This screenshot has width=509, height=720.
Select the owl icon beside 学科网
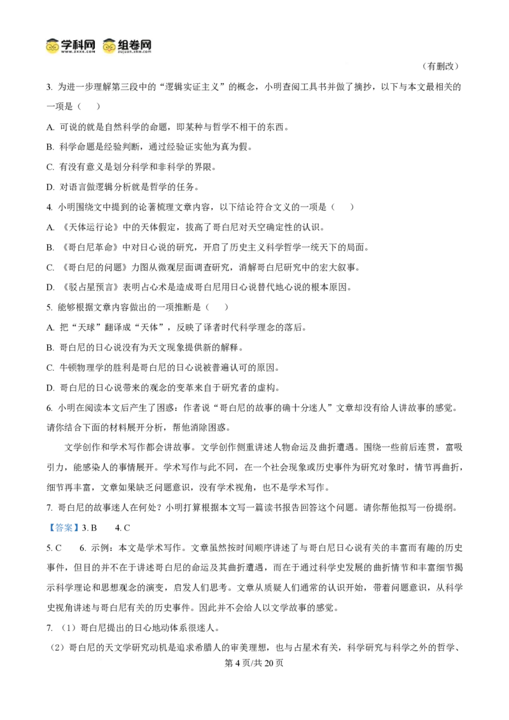click(x=52, y=46)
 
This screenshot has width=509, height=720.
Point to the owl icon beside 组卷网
click(x=109, y=46)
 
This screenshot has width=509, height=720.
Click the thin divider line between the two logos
click(x=98, y=45)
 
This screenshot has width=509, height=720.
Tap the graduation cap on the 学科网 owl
click(x=52, y=41)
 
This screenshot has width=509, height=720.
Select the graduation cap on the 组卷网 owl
click(x=109, y=41)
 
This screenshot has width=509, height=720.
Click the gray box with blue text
click(x=64, y=527)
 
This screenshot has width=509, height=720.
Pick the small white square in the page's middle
click(x=181, y=407)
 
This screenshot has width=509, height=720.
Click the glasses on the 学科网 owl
click(x=52, y=48)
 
